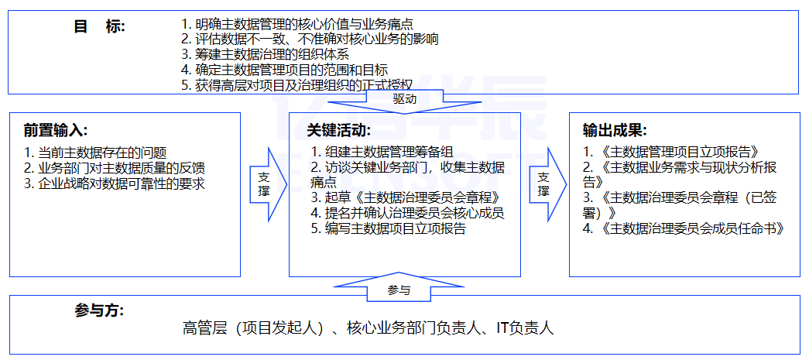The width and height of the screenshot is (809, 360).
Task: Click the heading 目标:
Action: [x=99, y=26]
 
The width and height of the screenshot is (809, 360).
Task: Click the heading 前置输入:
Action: [x=55, y=130]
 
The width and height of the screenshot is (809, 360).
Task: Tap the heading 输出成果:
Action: [x=615, y=130]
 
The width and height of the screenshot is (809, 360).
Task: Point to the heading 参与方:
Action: [x=99, y=310]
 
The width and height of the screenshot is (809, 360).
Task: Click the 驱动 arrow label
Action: [x=404, y=99]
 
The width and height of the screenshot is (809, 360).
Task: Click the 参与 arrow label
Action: [x=399, y=290]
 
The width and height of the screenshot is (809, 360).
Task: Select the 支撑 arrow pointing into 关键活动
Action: [x=264, y=183]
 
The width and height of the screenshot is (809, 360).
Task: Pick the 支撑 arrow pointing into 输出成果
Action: [x=543, y=183]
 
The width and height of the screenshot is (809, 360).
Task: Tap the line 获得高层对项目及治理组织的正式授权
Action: [x=297, y=84]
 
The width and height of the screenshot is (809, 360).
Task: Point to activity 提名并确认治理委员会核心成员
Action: [x=408, y=213]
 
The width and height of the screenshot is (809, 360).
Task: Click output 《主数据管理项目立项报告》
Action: [x=670, y=152]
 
